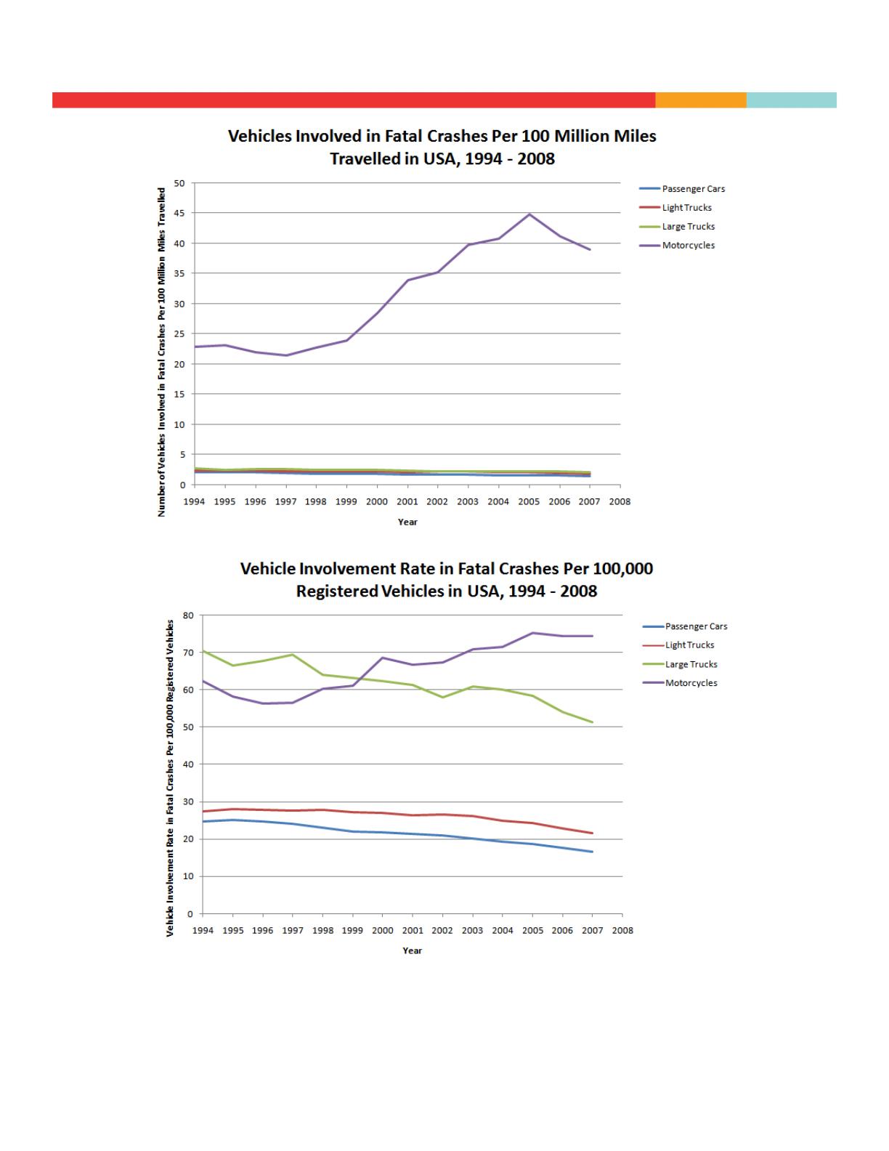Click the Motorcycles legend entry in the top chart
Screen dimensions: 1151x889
tap(688, 246)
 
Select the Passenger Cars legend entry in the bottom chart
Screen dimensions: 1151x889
tap(696, 626)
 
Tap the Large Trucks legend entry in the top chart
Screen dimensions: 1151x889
tap(688, 227)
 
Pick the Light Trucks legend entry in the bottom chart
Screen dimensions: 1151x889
tap(689, 645)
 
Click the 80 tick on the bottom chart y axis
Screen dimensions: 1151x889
tap(189, 615)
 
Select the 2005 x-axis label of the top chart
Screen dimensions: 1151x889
tap(529, 501)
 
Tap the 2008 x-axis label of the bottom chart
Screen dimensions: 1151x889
tap(622, 930)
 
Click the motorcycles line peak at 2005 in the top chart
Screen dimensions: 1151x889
tap(529, 214)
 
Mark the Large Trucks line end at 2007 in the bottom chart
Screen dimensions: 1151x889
tap(593, 722)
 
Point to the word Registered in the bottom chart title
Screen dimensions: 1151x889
tap(336, 591)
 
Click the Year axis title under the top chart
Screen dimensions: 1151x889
tap(407, 522)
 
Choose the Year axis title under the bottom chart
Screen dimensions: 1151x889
tap(413, 950)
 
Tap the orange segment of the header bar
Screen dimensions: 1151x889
tap(701, 100)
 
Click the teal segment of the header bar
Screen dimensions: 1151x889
tap(791, 100)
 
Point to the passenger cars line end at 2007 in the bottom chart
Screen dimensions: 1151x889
tap(593, 852)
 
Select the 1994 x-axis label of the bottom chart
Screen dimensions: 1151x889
tap(203, 930)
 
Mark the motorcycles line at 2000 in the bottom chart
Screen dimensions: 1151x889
tap(383, 658)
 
